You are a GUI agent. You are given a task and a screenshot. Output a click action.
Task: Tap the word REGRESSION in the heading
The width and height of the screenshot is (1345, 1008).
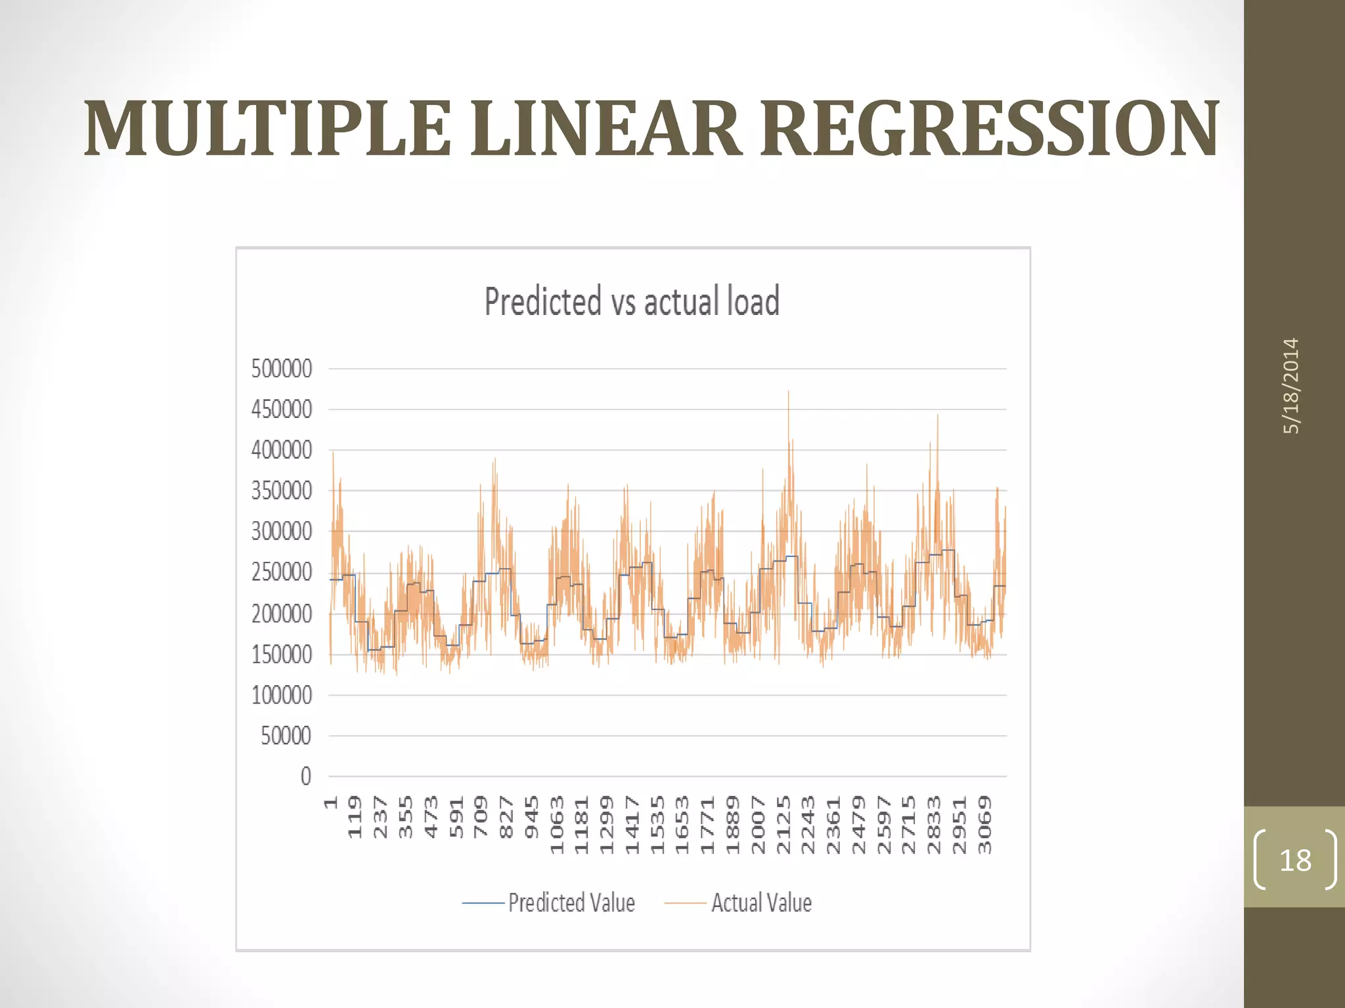990,129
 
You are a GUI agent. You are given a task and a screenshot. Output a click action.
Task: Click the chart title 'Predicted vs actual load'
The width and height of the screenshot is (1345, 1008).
632,301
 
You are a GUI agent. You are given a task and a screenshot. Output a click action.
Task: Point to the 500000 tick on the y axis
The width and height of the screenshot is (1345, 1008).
282,369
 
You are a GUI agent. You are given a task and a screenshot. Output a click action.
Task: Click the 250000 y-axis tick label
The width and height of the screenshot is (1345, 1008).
282,572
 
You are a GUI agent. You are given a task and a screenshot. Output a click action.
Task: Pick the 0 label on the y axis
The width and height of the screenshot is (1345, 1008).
306,776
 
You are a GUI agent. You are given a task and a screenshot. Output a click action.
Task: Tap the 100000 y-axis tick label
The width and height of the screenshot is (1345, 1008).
282,695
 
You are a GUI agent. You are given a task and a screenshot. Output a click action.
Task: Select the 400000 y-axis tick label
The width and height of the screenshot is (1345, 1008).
282,450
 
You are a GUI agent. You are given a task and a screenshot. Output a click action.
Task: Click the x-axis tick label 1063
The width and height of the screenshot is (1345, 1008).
557,824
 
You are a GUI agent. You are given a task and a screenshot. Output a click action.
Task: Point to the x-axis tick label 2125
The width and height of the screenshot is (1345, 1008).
783,824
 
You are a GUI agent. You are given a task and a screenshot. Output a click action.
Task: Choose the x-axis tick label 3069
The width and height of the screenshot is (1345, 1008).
984,824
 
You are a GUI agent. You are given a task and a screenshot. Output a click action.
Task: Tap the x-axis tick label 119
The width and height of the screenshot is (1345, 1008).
355,816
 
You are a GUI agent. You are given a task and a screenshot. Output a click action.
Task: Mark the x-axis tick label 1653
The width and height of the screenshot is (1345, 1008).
683,824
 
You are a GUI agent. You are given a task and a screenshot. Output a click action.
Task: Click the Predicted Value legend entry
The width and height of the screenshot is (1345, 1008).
548,903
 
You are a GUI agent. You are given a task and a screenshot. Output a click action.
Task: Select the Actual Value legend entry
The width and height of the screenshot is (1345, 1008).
738,903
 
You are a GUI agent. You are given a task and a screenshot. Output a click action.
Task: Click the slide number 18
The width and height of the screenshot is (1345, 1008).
1295,860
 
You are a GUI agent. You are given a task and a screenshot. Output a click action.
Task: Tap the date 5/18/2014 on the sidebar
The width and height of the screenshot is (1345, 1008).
1291,386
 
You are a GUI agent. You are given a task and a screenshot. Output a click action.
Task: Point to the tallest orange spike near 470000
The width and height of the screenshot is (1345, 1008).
788,394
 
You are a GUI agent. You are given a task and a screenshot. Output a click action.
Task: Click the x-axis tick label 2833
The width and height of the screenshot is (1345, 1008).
934,824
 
